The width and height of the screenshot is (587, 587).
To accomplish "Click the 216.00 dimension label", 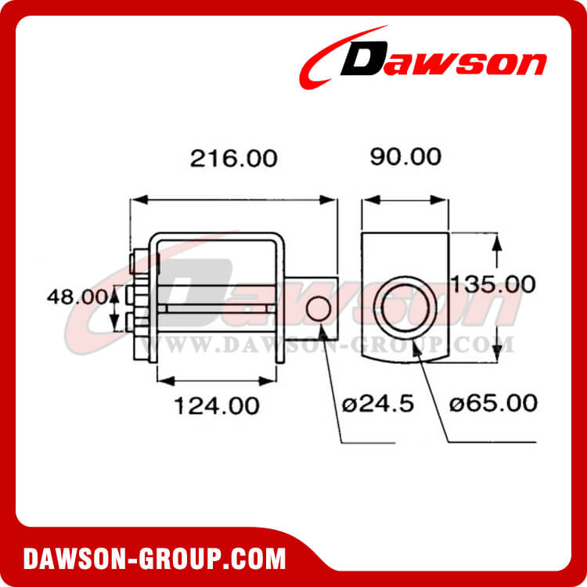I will coord(233,159).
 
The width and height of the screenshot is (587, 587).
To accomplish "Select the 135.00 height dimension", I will coord(486,283).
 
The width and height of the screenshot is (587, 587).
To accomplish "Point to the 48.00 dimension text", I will coord(76,297).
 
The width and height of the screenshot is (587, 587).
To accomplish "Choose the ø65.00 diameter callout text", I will coord(494,403).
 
